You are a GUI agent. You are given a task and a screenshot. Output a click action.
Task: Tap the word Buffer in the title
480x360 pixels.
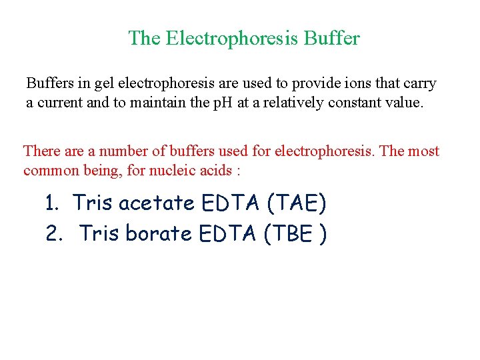(331, 38)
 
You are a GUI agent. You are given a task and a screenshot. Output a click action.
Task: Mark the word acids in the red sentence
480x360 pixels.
(215, 171)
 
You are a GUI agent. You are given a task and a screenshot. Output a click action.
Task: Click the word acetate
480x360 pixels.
(156, 203)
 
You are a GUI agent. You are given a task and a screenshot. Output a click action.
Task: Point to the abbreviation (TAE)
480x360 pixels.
(296, 203)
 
